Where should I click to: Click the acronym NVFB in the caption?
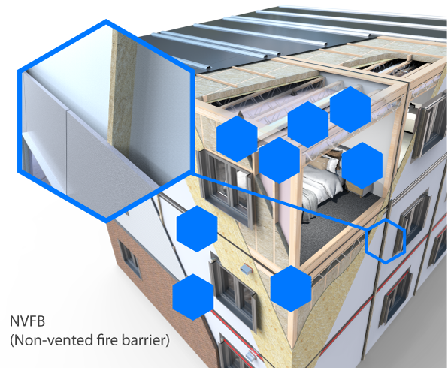27,321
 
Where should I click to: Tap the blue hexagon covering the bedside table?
362,165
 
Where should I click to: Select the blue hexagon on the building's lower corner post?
291,288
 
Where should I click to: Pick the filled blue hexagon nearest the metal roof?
350,110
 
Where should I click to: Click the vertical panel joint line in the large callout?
67,151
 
